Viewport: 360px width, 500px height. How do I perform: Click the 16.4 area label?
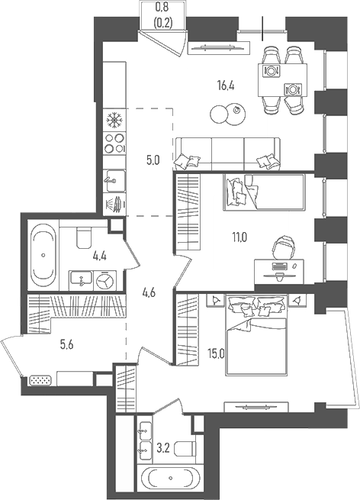tap(224, 86)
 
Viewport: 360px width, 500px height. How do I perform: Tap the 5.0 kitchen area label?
tap(153, 160)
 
